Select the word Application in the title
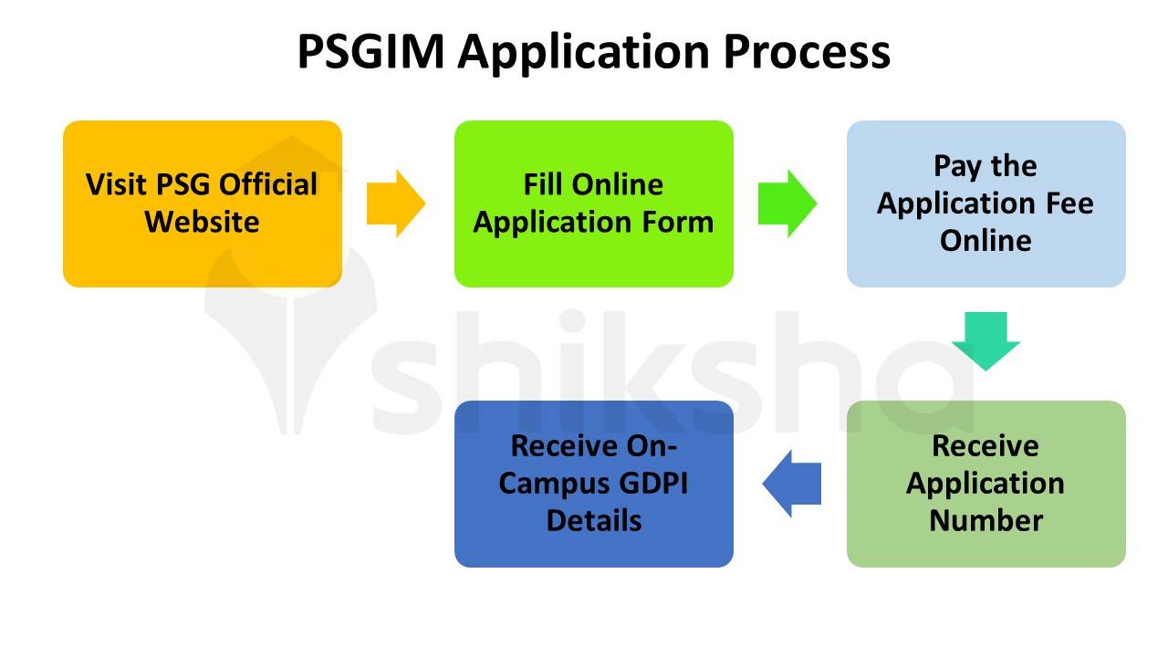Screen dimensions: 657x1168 (x=584, y=53)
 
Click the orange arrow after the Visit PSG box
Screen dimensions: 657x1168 (x=395, y=203)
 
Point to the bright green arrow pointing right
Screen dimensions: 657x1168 (x=787, y=203)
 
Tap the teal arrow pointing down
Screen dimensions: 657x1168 (x=985, y=340)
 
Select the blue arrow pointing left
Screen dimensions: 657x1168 (x=792, y=484)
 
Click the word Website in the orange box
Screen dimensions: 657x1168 (x=202, y=222)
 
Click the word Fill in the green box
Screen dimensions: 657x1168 (x=542, y=184)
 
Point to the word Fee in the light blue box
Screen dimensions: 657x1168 (x=1070, y=203)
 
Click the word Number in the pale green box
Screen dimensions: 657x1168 (x=985, y=520)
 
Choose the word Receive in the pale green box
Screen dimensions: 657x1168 (x=985, y=446)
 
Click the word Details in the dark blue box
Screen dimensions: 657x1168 (x=593, y=521)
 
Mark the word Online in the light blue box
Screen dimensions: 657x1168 (x=985, y=240)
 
